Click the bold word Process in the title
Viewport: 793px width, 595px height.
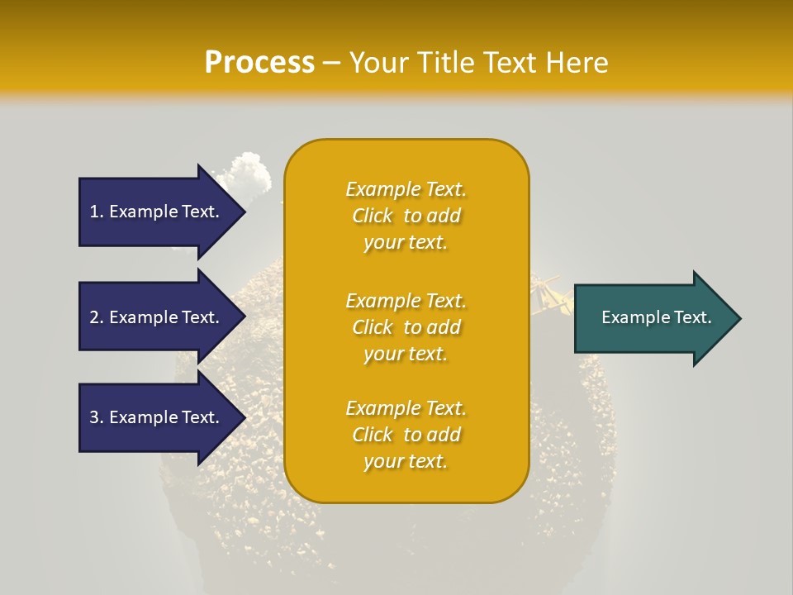(259, 63)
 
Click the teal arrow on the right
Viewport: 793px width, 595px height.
(657, 317)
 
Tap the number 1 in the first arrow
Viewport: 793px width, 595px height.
(95, 212)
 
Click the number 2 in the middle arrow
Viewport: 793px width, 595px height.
(95, 317)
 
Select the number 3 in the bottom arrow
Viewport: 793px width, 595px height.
(95, 417)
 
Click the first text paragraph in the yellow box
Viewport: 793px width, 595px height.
(406, 216)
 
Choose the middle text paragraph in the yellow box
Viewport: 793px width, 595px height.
(406, 327)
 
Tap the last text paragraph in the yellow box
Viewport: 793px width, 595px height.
(406, 435)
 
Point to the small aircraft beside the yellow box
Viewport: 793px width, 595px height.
(550, 297)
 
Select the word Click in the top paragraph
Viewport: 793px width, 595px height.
(373, 217)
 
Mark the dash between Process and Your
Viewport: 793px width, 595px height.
(332, 64)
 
